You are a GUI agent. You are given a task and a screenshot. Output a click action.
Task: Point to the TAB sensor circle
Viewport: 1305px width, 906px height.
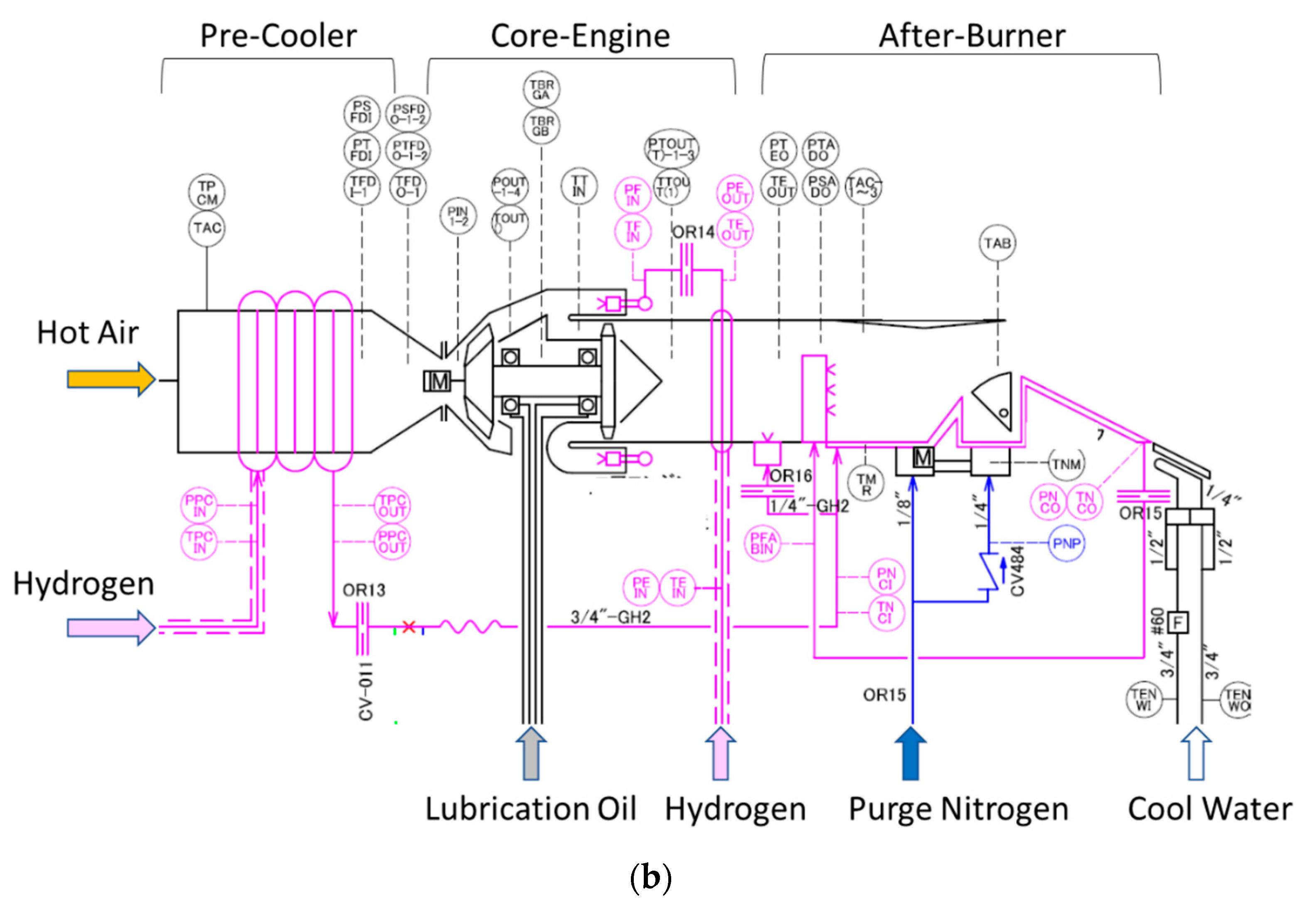[997, 244]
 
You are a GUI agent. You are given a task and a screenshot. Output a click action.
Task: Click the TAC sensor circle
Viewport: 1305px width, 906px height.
[207, 228]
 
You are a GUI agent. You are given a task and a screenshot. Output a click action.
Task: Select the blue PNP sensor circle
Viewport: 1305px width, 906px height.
[1066, 543]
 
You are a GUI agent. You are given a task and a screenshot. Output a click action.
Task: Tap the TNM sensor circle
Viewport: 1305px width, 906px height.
[1066, 464]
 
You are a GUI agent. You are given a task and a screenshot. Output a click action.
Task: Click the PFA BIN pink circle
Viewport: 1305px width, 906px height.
[762, 543]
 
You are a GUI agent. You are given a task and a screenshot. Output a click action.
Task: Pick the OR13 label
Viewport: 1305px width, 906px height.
[363, 591]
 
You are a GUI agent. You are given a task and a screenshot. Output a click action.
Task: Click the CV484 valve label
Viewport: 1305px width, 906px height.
[1018, 571]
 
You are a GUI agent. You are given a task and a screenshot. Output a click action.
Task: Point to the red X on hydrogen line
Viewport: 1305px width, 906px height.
[409, 627]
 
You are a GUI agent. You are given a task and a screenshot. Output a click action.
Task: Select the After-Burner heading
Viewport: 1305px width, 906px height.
[971, 36]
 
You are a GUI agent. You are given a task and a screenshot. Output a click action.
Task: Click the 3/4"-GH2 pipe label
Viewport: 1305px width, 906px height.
[610, 616]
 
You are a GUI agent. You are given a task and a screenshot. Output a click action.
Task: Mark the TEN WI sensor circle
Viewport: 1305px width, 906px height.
[1143, 700]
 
